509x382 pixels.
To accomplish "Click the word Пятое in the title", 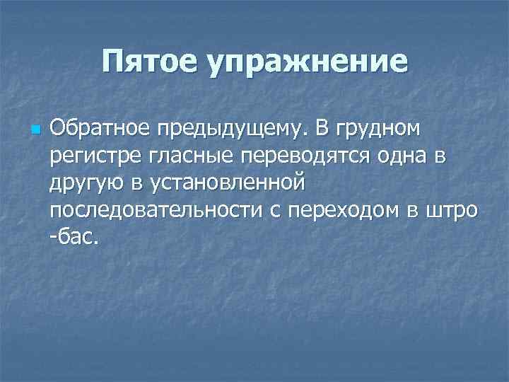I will pos(151,62).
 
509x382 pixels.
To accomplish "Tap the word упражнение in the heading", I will pos(307,63).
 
